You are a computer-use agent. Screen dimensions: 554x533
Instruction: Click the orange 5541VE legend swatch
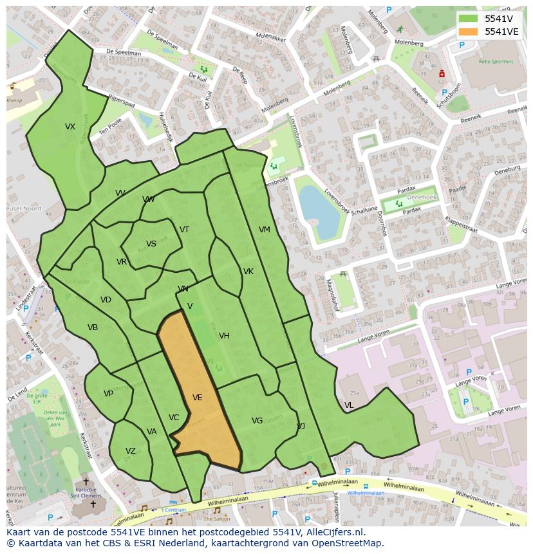coord(468,32)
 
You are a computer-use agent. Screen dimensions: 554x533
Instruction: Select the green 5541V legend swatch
coord(468,19)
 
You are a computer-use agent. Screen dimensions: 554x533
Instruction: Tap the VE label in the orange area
coord(197,398)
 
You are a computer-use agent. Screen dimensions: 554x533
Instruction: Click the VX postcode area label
coord(70,127)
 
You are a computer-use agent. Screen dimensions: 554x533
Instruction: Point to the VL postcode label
coord(349,405)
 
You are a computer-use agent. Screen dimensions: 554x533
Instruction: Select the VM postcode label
coord(265,230)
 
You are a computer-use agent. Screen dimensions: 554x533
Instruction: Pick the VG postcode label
coord(257,421)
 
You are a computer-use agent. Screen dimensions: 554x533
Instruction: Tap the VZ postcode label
coord(131,451)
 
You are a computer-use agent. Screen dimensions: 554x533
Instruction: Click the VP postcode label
coord(108,394)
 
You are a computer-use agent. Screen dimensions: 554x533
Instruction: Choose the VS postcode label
coord(151,244)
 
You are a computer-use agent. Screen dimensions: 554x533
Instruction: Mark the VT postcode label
coord(185,230)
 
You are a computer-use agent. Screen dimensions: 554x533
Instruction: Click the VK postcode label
coord(248,272)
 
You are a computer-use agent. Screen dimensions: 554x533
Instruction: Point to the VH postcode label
coord(224,336)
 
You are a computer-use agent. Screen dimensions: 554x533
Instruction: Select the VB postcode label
coord(93,328)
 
